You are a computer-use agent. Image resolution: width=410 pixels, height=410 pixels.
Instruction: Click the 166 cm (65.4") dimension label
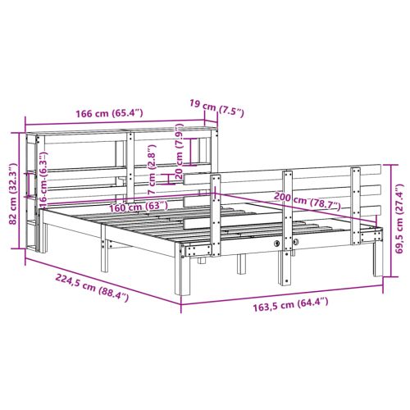pos(109,113)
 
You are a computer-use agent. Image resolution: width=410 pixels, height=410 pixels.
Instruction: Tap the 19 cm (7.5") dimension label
pos(216,108)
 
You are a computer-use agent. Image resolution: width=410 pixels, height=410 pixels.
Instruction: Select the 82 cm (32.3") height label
pos(13,194)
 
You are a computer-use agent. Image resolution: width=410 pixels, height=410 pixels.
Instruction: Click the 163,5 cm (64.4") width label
pos(290,304)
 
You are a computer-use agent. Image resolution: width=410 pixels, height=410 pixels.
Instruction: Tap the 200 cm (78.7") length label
pos(307,201)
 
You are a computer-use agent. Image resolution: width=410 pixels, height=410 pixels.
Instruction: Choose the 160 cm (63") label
pos(139,207)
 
